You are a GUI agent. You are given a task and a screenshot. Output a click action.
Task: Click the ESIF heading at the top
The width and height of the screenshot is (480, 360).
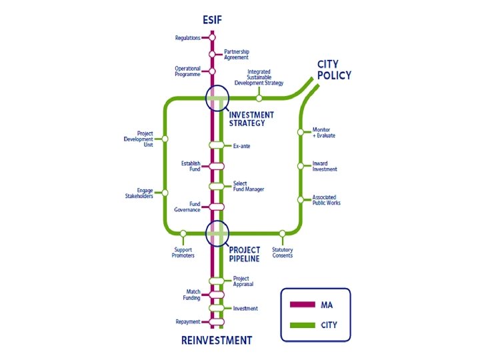tap(212, 20)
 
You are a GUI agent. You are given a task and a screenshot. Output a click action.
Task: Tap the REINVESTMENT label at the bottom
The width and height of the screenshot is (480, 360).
tap(217, 341)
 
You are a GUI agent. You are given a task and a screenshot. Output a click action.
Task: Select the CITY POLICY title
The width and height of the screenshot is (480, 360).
tap(334, 70)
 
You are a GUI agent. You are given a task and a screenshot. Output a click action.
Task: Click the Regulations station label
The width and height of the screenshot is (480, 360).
tap(187, 38)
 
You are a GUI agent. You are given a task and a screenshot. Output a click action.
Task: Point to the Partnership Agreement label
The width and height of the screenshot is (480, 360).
tap(237, 54)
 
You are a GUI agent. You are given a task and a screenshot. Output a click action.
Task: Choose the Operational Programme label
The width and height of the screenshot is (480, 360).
tap(187, 71)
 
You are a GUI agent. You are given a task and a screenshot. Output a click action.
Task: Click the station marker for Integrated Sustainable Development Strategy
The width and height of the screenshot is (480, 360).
tap(259, 98)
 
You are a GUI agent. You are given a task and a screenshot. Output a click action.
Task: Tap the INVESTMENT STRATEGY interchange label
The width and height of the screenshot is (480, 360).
tap(251, 119)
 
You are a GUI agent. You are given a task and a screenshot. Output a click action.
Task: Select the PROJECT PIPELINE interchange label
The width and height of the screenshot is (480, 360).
tap(245, 254)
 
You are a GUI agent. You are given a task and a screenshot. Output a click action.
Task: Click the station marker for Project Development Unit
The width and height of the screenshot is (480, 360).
tap(165, 139)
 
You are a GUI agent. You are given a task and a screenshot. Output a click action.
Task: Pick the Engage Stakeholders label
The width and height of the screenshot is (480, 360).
tap(140, 193)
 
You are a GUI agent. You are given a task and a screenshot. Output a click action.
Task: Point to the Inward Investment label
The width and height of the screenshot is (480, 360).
tap(325, 166)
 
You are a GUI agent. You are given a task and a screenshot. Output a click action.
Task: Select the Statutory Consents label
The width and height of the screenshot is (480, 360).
tap(283, 253)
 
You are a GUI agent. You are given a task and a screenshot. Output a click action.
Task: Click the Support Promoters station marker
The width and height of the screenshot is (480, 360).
tap(183, 233)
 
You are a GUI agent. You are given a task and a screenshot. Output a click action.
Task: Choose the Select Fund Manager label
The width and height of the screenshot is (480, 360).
tap(249, 186)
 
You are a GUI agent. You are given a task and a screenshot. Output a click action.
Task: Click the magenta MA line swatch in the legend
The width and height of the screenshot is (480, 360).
tap(303, 305)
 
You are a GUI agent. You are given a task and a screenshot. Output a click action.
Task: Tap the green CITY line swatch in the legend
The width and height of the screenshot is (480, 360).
tap(303, 325)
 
